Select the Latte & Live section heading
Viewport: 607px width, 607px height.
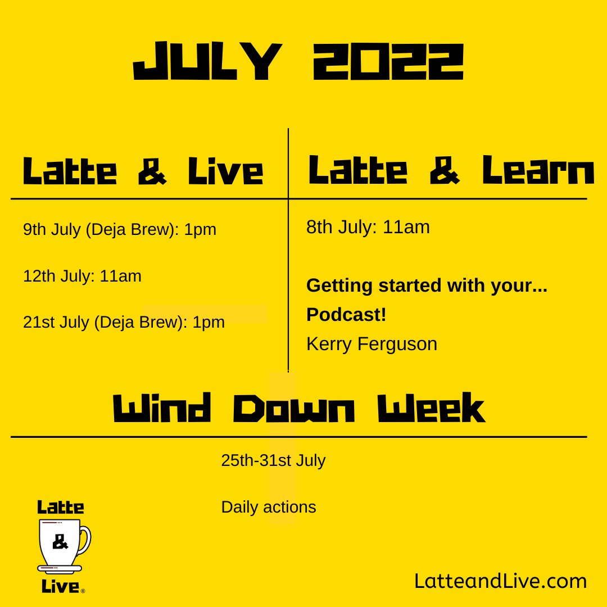(143, 171)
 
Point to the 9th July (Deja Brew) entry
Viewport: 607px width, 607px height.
(120, 229)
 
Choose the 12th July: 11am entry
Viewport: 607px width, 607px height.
(82, 276)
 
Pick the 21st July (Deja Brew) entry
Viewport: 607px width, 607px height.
(124, 322)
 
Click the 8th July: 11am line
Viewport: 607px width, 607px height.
(368, 227)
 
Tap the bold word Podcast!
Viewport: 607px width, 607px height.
(346, 315)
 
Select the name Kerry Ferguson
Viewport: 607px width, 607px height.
(372, 344)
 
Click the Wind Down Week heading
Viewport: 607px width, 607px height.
(299, 409)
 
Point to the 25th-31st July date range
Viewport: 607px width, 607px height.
(273, 460)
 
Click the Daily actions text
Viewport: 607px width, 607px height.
(269, 507)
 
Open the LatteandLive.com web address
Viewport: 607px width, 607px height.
(500, 581)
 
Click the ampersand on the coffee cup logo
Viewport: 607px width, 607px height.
(60, 542)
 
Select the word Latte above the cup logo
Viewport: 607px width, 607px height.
(61, 508)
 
